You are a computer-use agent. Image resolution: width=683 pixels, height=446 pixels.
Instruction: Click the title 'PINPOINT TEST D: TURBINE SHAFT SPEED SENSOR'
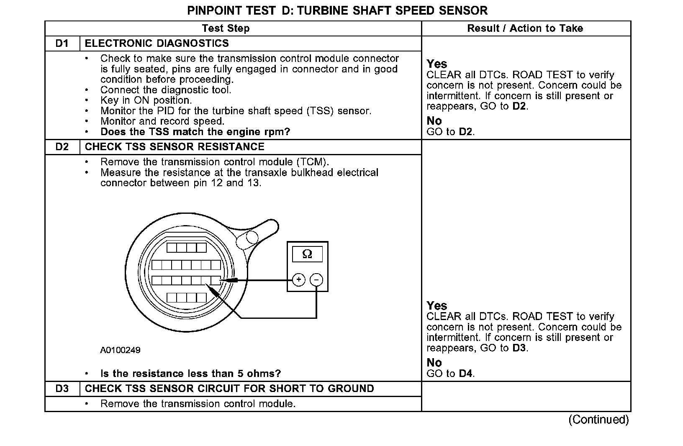[x=337, y=10]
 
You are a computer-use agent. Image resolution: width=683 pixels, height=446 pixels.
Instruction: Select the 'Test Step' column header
[x=226, y=28]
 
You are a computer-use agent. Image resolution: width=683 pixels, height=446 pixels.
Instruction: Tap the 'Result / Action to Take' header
[x=525, y=28]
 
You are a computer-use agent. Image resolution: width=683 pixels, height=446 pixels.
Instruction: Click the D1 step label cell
[x=62, y=44]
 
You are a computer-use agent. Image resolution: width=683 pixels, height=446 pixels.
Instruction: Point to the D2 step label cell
[x=62, y=147]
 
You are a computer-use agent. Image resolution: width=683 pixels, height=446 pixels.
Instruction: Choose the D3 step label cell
[x=62, y=389]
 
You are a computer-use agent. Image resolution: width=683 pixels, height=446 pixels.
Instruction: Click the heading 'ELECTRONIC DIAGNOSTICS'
[x=157, y=44]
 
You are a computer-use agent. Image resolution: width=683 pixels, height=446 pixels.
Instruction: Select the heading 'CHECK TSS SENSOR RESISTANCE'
[x=175, y=147]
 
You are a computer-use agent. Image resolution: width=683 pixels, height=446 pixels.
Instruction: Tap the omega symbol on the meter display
[x=307, y=254]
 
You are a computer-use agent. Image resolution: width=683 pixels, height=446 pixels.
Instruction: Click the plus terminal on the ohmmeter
[x=298, y=279]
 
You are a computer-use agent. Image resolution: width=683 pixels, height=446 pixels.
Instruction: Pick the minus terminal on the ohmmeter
[x=317, y=279]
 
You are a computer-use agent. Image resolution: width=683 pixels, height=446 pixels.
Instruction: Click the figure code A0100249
[x=120, y=350]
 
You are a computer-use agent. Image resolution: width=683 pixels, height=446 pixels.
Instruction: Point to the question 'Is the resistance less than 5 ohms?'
[x=190, y=374]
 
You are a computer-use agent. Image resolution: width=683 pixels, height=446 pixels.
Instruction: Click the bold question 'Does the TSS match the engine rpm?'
[x=195, y=132]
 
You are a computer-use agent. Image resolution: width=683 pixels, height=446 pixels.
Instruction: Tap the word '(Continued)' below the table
[x=598, y=420]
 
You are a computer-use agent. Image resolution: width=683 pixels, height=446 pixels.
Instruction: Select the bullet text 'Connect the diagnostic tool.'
[x=166, y=90]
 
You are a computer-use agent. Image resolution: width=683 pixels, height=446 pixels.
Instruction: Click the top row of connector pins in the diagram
[x=187, y=248]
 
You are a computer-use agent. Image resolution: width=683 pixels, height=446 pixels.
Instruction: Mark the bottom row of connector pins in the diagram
[x=187, y=297]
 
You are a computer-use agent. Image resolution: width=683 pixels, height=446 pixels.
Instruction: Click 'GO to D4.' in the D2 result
[x=450, y=373]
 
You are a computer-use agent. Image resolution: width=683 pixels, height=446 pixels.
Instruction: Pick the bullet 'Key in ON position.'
[x=146, y=100]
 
